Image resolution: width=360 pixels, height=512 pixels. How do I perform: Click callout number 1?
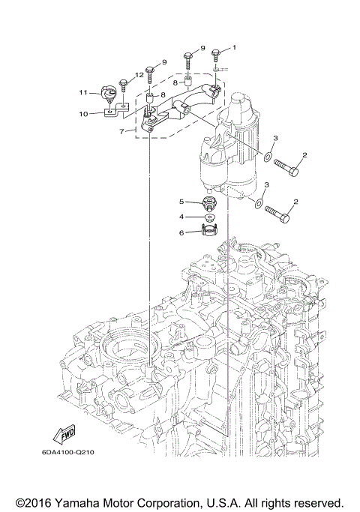[x=233, y=48]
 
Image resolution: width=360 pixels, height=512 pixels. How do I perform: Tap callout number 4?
[x=181, y=217]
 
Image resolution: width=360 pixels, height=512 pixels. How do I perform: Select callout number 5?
[x=181, y=202]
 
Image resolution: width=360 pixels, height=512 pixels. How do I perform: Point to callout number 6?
[x=181, y=233]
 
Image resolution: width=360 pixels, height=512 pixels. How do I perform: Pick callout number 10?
[x=85, y=114]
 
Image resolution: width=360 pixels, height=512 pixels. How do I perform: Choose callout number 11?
[x=85, y=92]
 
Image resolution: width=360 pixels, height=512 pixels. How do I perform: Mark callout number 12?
[x=139, y=75]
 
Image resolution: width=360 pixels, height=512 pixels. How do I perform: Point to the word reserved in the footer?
[x=318, y=501]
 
